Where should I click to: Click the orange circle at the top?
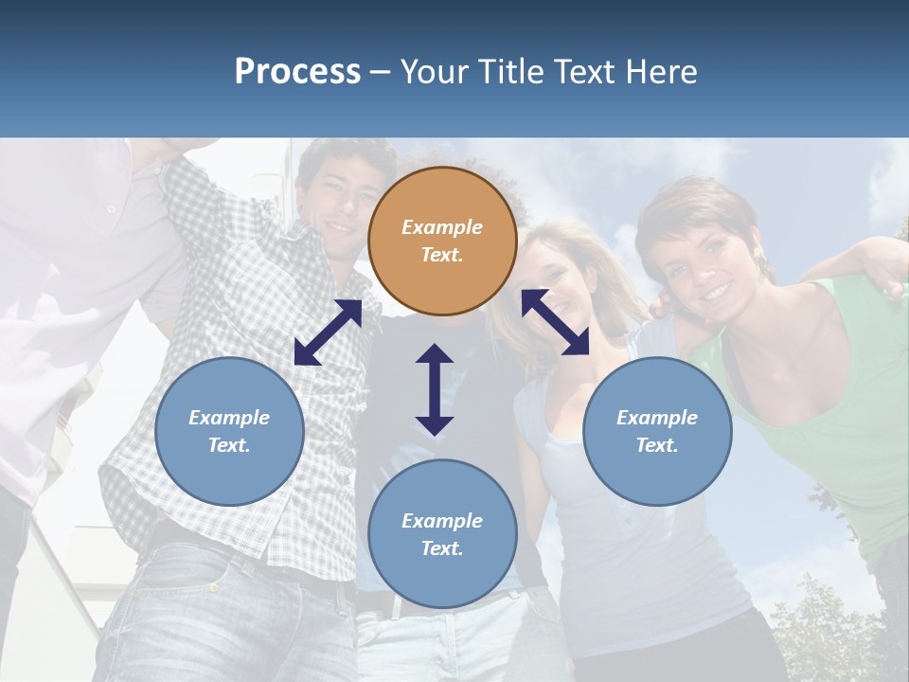pos(442,241)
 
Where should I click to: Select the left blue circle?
pos(229,431)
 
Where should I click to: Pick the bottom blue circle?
pos(442,533)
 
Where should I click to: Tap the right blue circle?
pos(657,431)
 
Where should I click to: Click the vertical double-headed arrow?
pos(435,389)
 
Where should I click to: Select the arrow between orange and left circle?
pos(329,332)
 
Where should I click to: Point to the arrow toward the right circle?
pos(556,322)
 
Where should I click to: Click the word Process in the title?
pos(297,71)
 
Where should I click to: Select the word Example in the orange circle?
pos(442,227)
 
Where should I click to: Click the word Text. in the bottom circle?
pos(442,548)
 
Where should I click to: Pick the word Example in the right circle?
pos(657,418)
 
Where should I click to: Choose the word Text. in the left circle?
pos(229,445)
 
